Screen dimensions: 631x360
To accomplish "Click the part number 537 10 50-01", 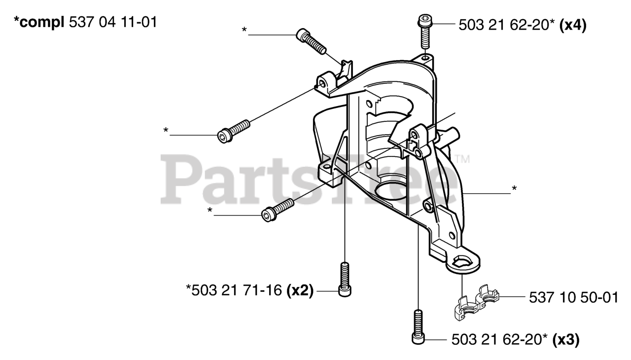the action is pos(573,297).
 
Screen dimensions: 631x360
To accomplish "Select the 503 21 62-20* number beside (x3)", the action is pos(497,340).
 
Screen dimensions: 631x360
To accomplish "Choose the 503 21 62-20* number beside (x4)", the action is pos(505,25).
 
